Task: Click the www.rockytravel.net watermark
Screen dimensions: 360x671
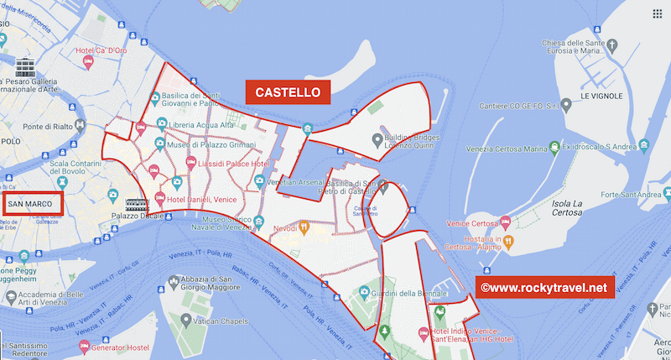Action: click(x=544, y=287)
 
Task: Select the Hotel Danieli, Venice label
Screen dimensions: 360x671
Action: click(x=201, y=199)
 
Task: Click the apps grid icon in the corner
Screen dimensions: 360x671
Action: click(x=656, y=14)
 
